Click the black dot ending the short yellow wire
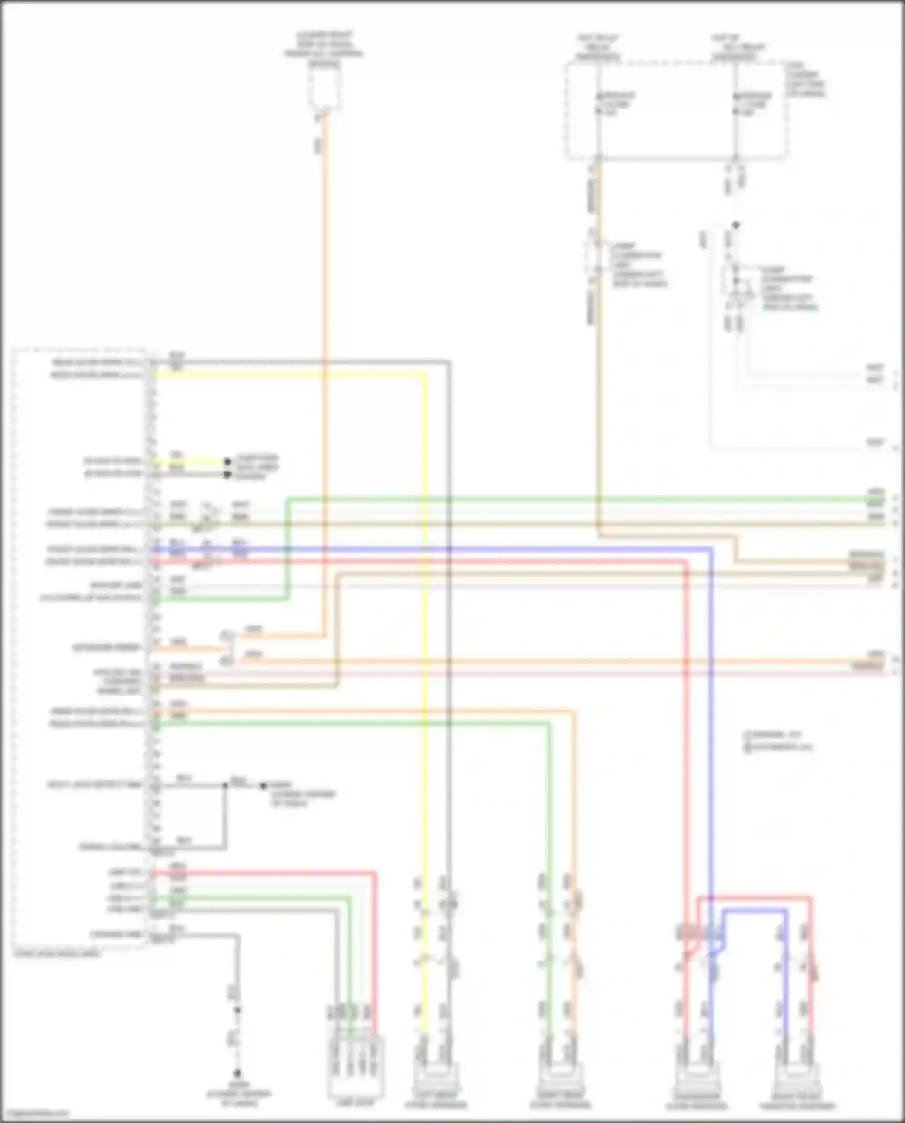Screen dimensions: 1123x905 pyautogui.click(x=228, y=462)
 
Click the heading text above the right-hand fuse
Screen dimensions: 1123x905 pyautogui.click(x=735, y=48)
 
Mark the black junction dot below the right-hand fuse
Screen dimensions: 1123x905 pyautogui.click(x=735, y=225)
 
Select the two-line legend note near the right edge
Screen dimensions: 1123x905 pyautogui.click(x=778, y=741)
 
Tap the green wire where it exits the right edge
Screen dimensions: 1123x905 pyautogui.click(x=882, y=500)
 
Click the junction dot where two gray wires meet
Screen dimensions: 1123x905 pyautogui.click(x=226, y=786)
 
